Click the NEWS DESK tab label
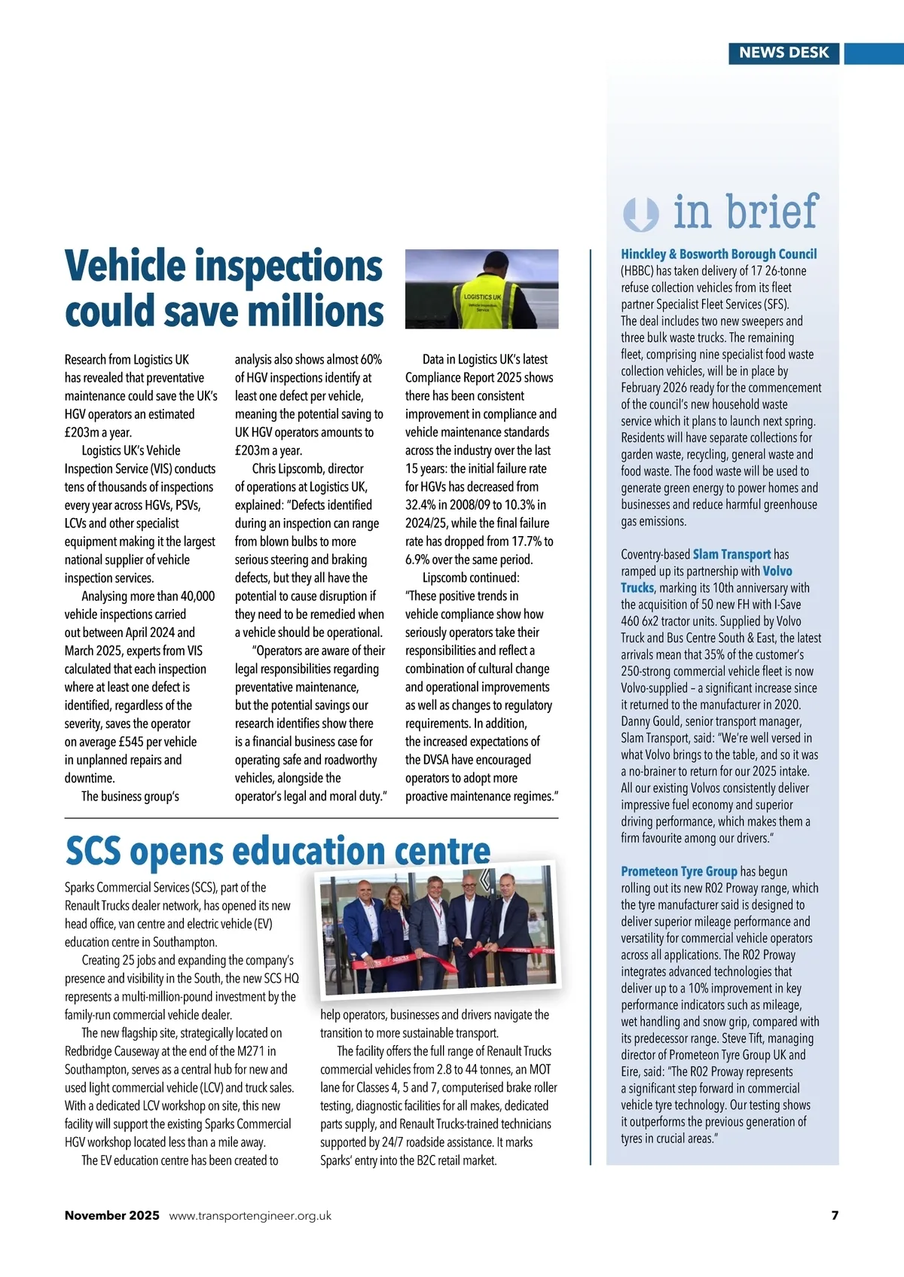click(x=783, y=53)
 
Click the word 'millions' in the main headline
click(x=316, y=312)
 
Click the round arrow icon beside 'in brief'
click(x=641, y=214)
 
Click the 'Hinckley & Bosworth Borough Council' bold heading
click(x=719, y=254)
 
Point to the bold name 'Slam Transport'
click(x=731, y=554)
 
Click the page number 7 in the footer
click(x=835, y=1215)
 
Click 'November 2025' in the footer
click(x=112, y=1215)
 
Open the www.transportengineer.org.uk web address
click(x=250, y=1215)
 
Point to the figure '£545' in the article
click(x=133, y=742)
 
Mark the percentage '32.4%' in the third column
click(x=422, y=504)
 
